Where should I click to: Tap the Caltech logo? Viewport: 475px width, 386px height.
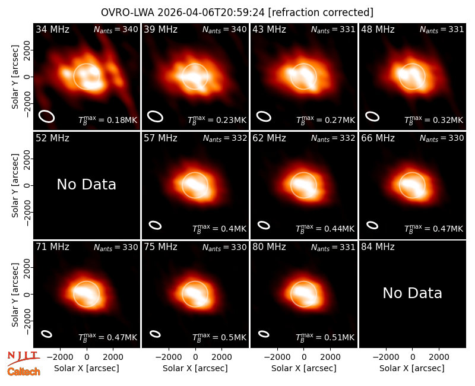24,372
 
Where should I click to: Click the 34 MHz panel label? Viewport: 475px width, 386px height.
52,29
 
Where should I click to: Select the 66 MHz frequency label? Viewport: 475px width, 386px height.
378,138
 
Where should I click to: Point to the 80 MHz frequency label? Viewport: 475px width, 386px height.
269,247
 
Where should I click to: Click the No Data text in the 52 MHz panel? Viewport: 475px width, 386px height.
86,184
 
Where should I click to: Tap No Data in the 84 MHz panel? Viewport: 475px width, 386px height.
412,293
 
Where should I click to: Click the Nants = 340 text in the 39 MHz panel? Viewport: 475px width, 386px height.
224,30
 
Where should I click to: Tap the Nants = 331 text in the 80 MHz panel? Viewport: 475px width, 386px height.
333,247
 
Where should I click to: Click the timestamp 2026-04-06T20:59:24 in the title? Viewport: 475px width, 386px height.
211,12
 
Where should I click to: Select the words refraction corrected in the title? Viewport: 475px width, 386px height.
321,12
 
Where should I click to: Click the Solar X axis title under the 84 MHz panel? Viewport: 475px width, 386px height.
412,368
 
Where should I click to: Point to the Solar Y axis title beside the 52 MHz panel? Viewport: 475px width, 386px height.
15,185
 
